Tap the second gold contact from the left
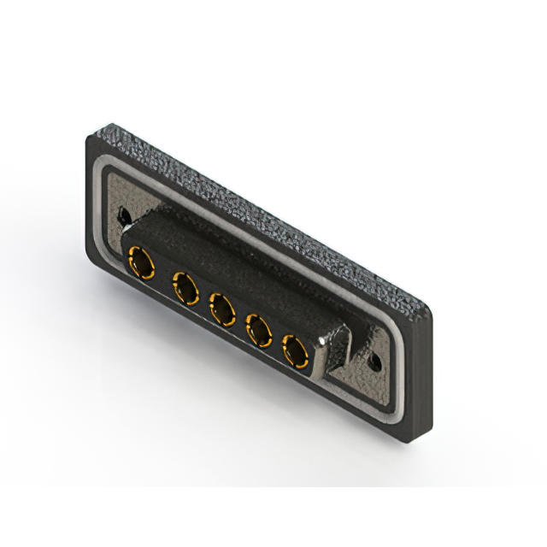point(184,288)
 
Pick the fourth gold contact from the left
point(257,329)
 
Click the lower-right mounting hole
point(374,362)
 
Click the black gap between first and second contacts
point(162,275)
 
